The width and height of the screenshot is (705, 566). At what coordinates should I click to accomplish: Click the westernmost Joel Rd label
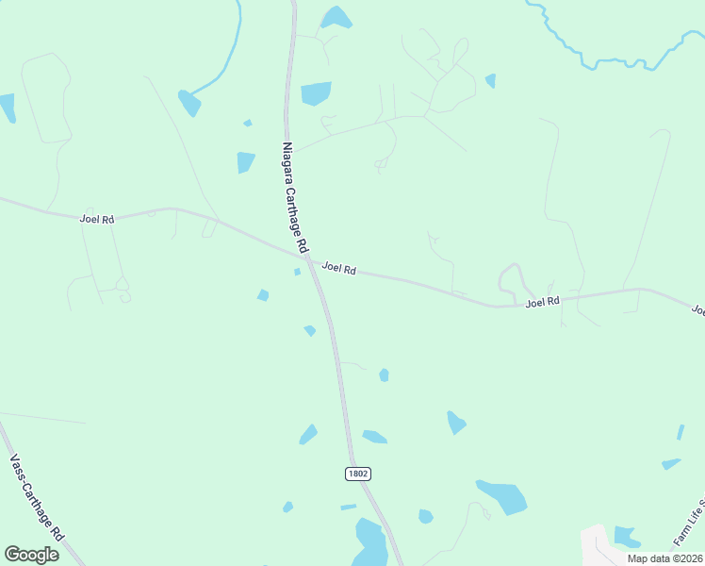pyautogui.click(x=97, y=219)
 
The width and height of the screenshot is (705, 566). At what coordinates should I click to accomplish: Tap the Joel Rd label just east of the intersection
pyautogui.click(x=338, y=269)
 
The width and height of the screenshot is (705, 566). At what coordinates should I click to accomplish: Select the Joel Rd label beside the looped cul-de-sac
pyautogui.click(x=543, y=302)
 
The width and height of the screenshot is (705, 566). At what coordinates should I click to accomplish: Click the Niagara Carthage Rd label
pyautogui.click(x=295, y=197)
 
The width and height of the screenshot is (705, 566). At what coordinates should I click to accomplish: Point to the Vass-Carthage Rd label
pyautogui.click(x=36, y=496)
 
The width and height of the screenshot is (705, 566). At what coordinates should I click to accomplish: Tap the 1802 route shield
pyautogui.click(x=357, y=474)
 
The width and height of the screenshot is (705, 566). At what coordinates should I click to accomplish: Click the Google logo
pyautogui.click(x=31, y=554)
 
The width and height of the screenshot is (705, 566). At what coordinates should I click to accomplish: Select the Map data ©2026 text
pyautogui.click(x=664, y=558)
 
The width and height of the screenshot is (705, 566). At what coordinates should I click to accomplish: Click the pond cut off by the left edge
pyautogui.click(x=7, y=108)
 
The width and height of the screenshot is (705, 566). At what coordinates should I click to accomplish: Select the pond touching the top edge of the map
pyautogui.click(x=336, y=17)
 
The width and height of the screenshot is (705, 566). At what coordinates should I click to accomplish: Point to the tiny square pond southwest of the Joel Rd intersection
pyautogui.click(x=297, y=272)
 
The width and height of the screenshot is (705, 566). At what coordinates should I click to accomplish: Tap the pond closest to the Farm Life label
pyautogui.click(x=627, y=537)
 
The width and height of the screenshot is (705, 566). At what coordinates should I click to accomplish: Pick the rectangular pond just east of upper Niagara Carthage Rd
pyautogui.click(x=316, y=93)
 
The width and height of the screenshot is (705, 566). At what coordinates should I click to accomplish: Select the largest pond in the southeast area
pyautogui.click(x=502, y=496)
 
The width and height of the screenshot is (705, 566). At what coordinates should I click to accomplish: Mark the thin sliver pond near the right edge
pyautogui.click(x=680, y=432)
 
